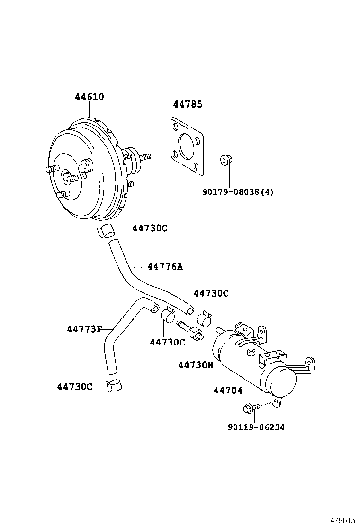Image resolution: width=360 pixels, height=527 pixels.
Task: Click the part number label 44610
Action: tap(89, 97)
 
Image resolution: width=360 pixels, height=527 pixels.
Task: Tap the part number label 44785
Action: tap(188, 104)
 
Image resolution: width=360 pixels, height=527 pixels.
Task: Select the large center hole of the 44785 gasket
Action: tap(188, 144)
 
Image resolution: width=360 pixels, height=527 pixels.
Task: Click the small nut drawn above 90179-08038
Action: tap(226, 161)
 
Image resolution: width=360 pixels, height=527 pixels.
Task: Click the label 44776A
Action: tap(164, 267)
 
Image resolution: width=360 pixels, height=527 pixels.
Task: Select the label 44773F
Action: tap(84, 329)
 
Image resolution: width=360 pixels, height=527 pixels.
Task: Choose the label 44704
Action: tap(228, 391)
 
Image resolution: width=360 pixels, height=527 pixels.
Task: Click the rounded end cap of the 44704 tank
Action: tap(282, 382)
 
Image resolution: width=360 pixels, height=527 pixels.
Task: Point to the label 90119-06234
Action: tap(256, 427)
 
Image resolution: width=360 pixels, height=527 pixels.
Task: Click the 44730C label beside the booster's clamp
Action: tap(150, 228)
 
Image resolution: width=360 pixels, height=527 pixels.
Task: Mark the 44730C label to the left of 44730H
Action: tap(167, 342)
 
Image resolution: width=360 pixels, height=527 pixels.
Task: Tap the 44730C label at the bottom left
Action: tap(74, 387)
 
